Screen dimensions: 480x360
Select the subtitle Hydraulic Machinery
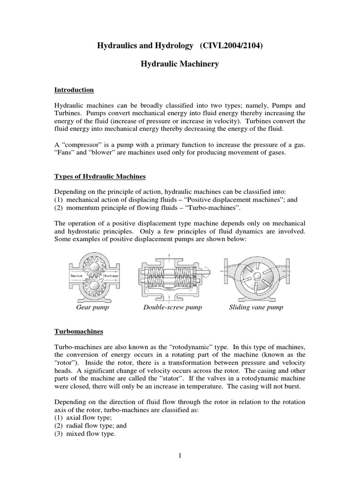(180, 65)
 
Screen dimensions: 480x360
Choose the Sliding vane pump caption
(255, 307)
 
